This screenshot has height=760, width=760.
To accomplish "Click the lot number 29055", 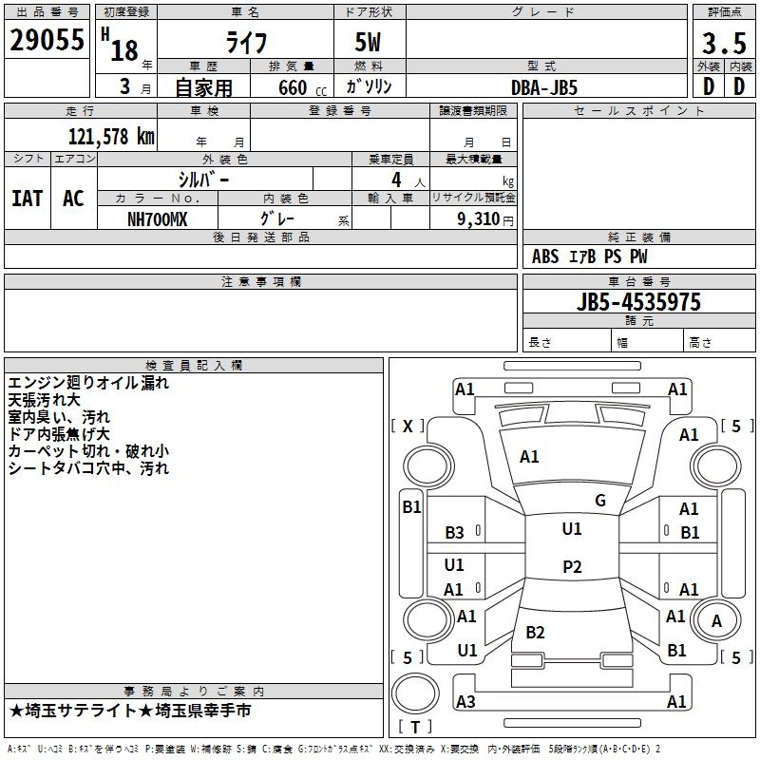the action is [x=47, y=40].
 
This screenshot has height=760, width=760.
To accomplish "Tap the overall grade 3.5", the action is [x=724, y=43].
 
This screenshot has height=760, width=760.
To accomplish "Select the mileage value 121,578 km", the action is [x=111, y=137].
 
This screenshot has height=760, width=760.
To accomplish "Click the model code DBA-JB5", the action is [x=544, y=87].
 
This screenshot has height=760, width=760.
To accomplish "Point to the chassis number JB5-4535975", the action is [x=638, y=302].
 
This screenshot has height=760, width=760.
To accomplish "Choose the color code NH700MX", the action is [x=157, y=219].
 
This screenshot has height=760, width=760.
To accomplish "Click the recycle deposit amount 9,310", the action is [x=479, y=218].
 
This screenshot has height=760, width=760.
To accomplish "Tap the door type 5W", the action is [x=368, y=42].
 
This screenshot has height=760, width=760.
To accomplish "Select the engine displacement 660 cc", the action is [x=302, y=87].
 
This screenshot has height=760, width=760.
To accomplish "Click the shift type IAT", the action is [x=27, y=199].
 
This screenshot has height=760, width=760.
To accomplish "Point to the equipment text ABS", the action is [x=545, y=256].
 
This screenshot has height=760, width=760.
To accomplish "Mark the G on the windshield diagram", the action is [x=600, y=501].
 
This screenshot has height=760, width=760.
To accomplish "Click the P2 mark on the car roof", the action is [x=572, y=566].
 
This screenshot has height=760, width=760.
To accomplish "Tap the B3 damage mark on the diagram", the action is [x=454, y=533].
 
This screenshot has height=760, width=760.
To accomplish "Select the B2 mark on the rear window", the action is [x=535, y=632].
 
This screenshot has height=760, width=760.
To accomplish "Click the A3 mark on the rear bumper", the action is [x=465, y=701].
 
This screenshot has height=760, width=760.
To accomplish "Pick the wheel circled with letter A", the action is [x=716, y=620].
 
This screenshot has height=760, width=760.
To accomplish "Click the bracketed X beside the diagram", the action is [x=408, y=426].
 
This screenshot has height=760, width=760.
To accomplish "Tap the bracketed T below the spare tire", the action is [x=415, y=727].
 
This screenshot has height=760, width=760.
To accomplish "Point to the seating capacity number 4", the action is [x=396, y=180].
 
